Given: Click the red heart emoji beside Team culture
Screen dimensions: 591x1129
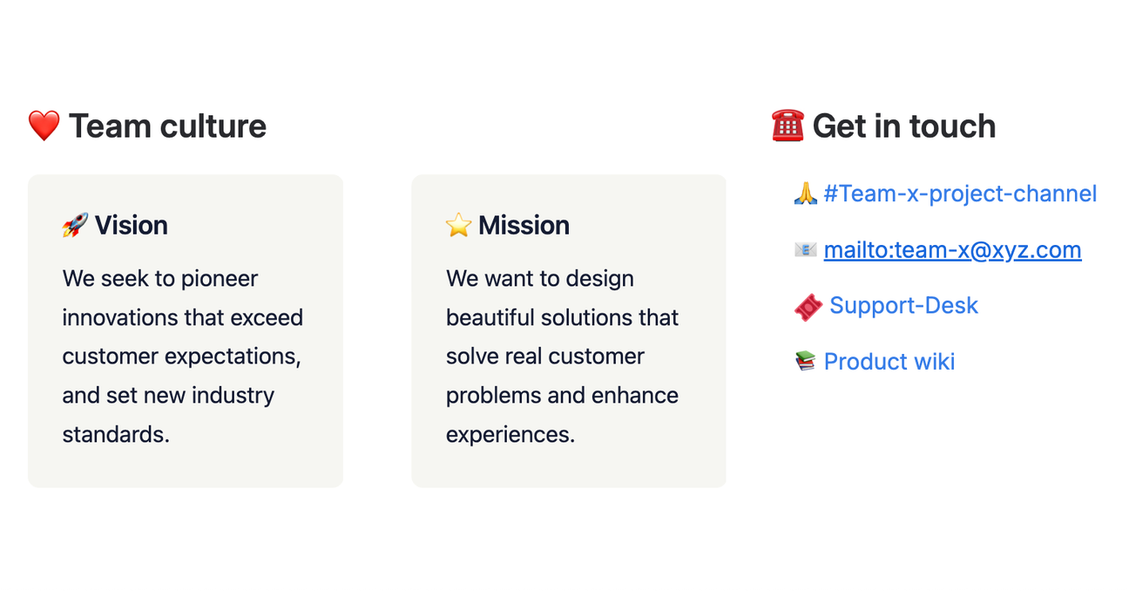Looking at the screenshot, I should [x=44, y=126].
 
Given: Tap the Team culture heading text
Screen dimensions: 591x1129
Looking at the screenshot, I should [x=167, y=126].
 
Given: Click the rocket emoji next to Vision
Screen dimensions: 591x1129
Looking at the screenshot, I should [x=75, y=226].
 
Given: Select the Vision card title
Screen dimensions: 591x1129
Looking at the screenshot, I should [x=131, y=225].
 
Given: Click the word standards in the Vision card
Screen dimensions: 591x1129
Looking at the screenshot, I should [x=113, y=434].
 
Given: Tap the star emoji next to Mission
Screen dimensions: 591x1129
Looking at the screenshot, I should [x=458, y=226].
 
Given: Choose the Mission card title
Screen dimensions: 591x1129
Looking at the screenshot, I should [x=524, y=225].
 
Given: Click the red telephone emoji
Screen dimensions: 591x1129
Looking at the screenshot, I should [x=788, y=126].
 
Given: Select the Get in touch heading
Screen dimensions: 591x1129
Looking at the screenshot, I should [x=903, y=126].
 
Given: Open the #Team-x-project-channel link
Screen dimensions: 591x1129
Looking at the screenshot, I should [x=960, y=194].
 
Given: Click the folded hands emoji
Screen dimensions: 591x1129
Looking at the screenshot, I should [x=806, y=194].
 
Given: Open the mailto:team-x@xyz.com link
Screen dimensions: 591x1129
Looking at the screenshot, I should [x=952, y=250].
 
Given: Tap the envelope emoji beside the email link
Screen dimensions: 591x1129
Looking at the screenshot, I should [x=806, y=250].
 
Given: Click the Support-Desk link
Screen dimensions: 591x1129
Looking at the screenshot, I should [x=903, y=305].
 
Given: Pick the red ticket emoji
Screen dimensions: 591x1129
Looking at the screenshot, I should [x=808, y=307].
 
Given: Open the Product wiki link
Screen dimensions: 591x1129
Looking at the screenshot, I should [x=889, y=362].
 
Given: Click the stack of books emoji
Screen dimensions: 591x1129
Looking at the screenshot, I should [x=806, y=362].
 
